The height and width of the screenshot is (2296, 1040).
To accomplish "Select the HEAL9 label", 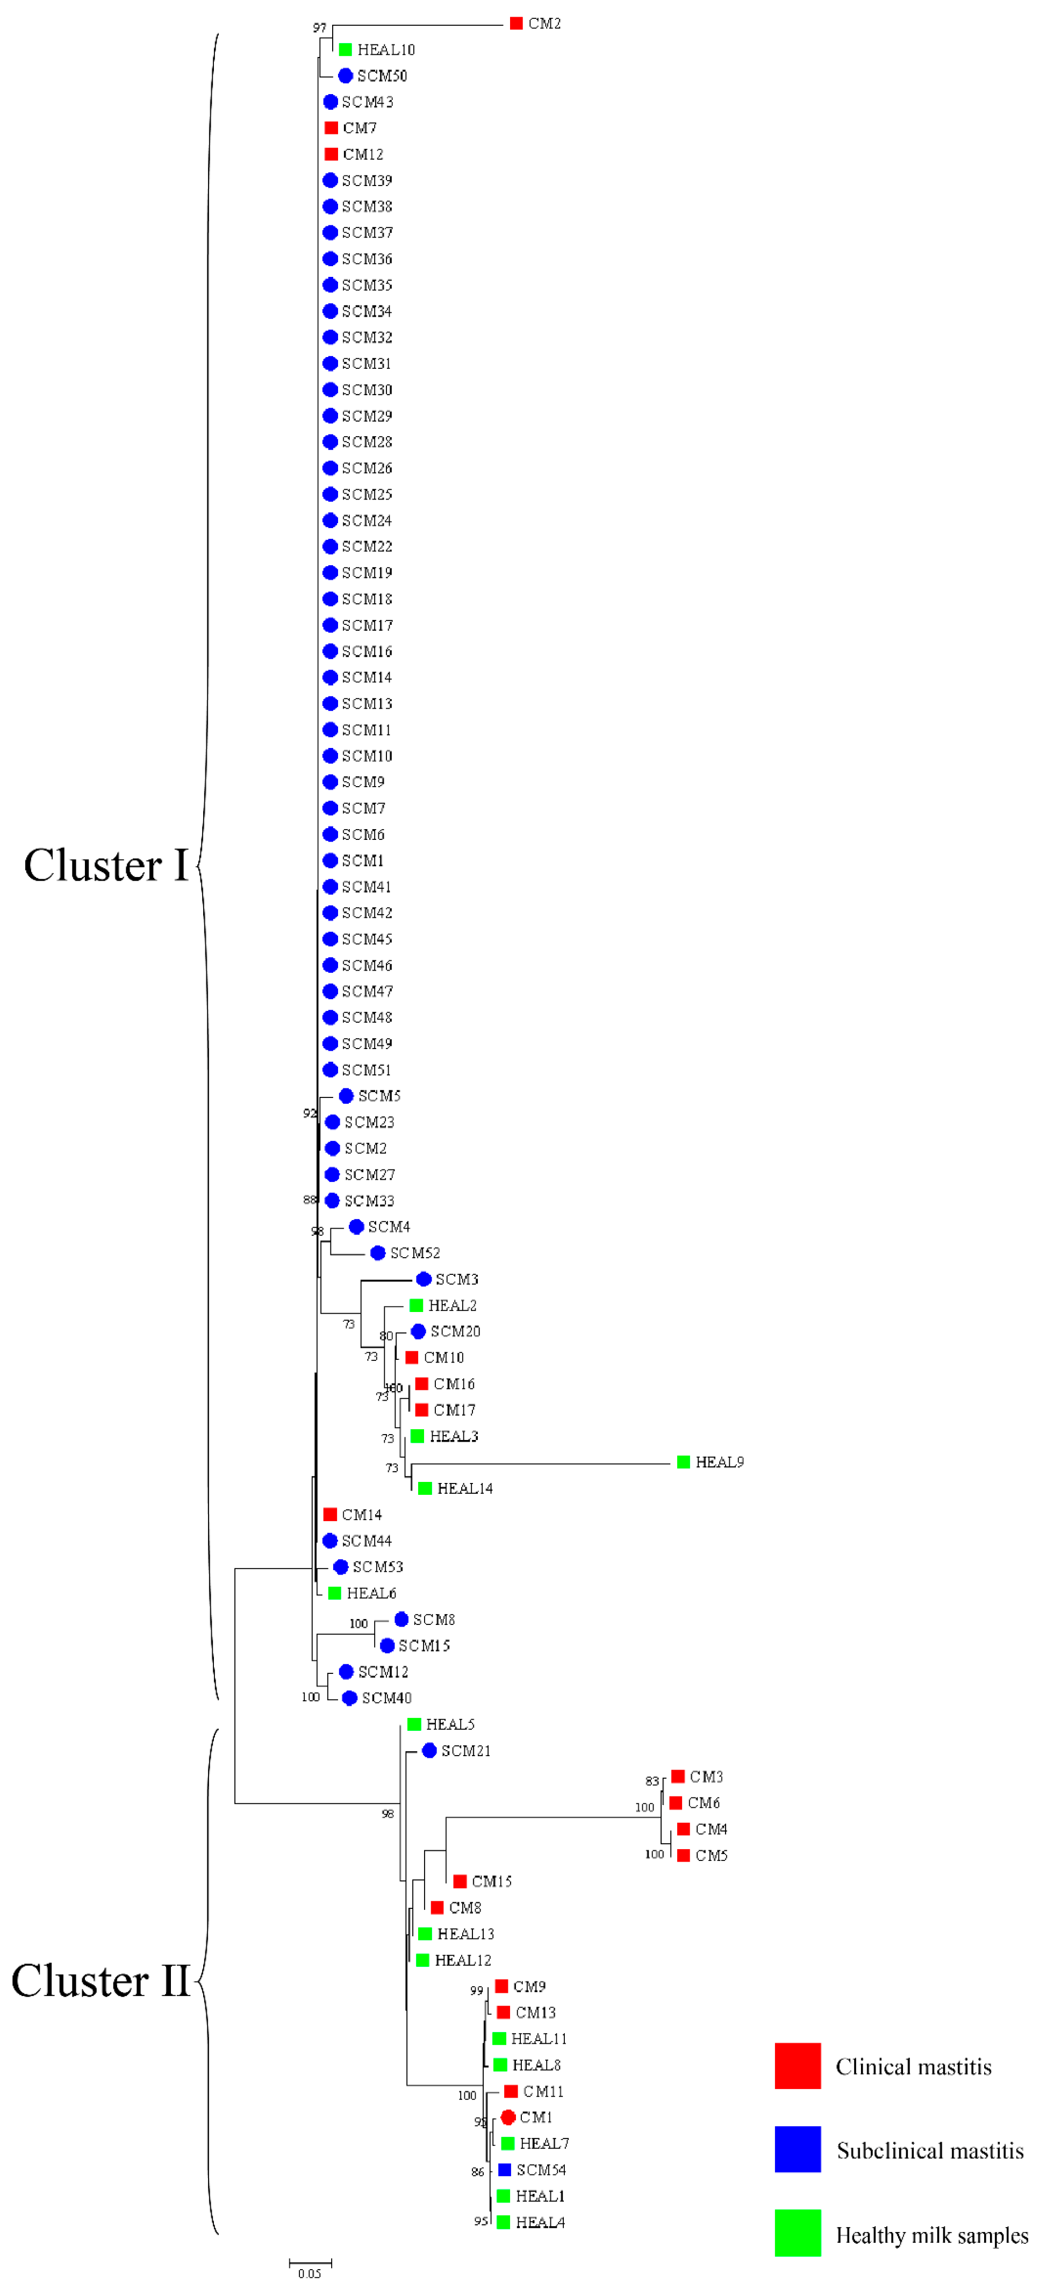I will (x=719, y=1461).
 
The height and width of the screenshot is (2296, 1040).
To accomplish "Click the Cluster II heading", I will (x=101, y=1980).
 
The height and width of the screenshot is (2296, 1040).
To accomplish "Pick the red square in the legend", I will (x=798, y=2066).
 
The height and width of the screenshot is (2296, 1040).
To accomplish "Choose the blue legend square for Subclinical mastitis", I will (x=798, y=2149).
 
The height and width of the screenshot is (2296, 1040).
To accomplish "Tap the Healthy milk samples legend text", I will (x=931, y=2235).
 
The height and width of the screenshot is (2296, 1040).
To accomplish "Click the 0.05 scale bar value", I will (x=309, y=2274).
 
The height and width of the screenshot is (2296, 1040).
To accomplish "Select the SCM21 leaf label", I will (x=465, y=1751).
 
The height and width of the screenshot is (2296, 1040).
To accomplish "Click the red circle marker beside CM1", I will (x=508, y=2117).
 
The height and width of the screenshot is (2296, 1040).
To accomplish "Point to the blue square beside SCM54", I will (x=504, y=2170).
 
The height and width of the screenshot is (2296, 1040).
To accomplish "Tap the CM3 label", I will (x=706, y=1777).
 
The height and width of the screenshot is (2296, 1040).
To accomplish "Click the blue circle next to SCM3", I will (x=424, y=1279).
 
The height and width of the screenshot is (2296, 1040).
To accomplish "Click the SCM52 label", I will (x=414, y=1253).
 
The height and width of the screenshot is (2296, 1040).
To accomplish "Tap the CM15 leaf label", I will (x=491, y=1881).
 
